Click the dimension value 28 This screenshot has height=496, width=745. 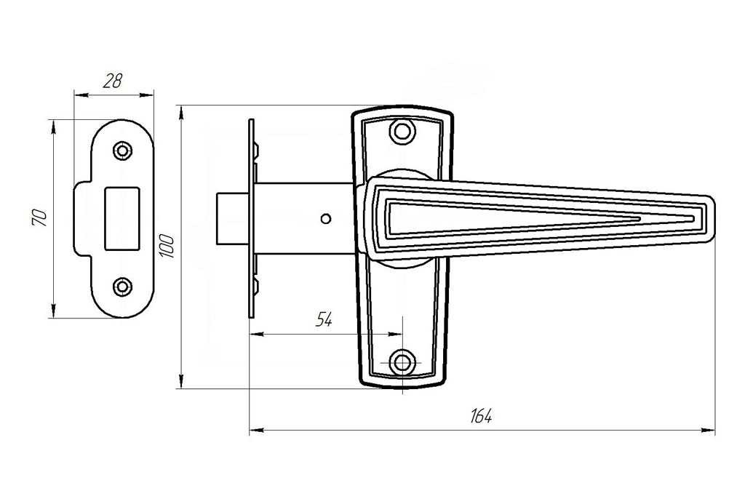click(113, 81)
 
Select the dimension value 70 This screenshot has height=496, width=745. click(40, 217)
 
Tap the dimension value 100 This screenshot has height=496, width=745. click(167, 246)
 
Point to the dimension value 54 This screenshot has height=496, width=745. click(324, 320)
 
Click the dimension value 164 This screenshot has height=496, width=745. click(482, 416)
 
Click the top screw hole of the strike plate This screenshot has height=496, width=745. click(122, 151)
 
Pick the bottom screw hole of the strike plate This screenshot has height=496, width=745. click(122, 287)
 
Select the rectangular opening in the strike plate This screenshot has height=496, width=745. click(121, 218)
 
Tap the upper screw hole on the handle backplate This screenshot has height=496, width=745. click(402, 131)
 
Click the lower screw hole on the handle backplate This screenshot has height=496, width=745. click(402, 363)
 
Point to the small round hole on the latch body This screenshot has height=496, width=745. click(325, 218)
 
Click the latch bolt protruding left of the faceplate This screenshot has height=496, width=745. click(233, 218)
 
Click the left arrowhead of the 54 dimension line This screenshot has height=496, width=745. click(256, 335)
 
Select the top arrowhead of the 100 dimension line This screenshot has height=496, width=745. click(180, 112)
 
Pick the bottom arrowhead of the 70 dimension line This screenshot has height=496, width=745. click(52, 311)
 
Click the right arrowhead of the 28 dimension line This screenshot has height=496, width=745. click(147, 95)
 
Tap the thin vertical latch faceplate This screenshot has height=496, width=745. click(251, 218)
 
